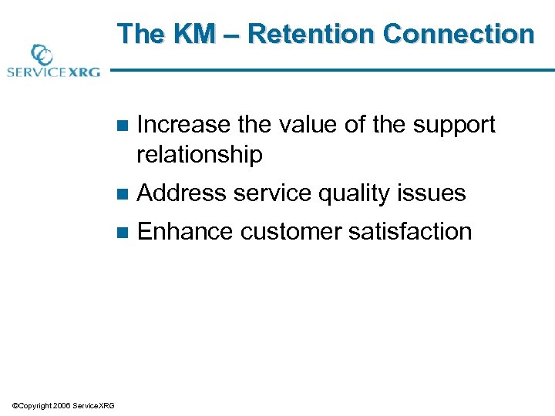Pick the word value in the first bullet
pyautogui.click(x=296, y=125)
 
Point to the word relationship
pyautogui.click(x=199, y=155)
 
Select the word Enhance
pyautogui.click(x=184, y=231)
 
